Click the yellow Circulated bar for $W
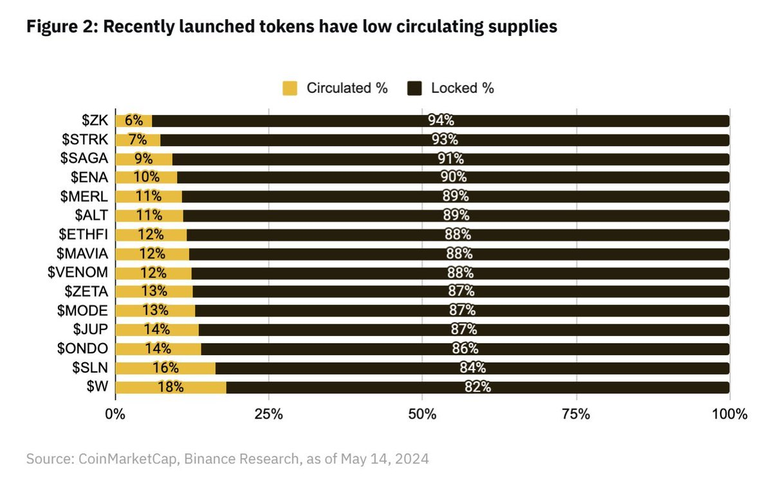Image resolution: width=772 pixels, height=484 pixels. tap(170, 387)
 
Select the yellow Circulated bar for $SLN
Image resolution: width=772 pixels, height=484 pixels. tap(165, 368)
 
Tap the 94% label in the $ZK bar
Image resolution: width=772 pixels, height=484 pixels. tap(441, 121)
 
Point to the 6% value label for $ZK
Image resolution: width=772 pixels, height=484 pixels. tap(133, 121)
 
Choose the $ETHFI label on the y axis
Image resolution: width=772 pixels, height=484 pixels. tap(82, 235)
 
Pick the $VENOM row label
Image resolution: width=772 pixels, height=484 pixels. tap(78, 273)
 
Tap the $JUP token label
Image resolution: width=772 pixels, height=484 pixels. tap(90, 330)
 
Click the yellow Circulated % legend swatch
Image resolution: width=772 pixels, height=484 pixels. tap(291, 88)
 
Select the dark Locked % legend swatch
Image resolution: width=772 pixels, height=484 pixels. tap(415, 88)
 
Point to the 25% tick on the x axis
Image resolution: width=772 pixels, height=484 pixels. tap(269, 413)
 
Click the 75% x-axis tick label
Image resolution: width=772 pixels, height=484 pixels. tap(576, 413)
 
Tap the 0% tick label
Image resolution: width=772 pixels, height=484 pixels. tap(116, 413)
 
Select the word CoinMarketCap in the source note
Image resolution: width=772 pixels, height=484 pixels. tap(123, 460)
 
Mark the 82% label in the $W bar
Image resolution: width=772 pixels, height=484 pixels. tap(477, 387)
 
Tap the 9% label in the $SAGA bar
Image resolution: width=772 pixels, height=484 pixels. tap(143, 159)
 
